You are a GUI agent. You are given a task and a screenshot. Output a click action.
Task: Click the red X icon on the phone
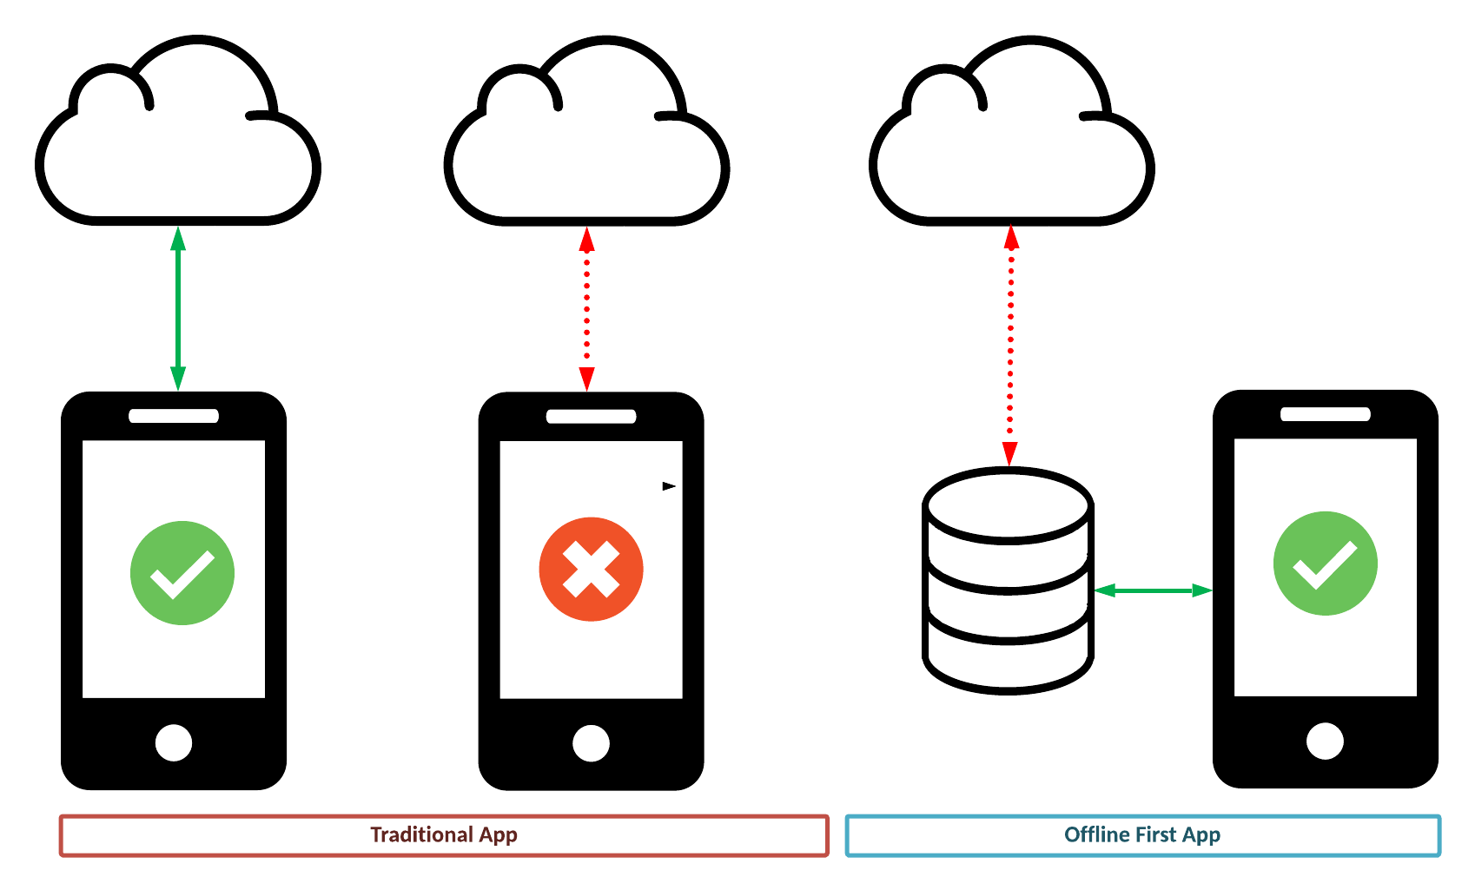pyautogui.click(x=591, y=570)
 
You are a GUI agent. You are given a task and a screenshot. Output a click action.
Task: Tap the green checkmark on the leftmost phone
pyautogui.click(x=182, y=573)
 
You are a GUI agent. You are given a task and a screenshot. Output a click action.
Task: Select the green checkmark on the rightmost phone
pyautogui.click(x=1325, y=564)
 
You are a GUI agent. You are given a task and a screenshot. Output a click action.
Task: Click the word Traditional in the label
pyautogui.click(x=421, y=834)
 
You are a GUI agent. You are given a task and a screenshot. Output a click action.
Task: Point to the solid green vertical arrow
pyautogui.click(x=178, y=308)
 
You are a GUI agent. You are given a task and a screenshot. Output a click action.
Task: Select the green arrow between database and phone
pyautogui.click(x=1152, y=590)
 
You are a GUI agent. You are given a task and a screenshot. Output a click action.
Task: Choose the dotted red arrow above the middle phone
pyautogui.click(x=586, y=308)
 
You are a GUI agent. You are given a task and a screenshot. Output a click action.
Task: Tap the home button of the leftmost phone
pyautogui.click(x=174, y=742)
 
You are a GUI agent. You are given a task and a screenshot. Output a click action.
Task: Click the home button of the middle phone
pyautogui.click(x=591, y=742)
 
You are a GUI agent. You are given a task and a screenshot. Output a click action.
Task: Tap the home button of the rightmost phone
pyautogui.click(x=1325, y=741)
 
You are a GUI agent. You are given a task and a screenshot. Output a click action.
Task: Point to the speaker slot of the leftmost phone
pyautogui.click(x=174, y=416)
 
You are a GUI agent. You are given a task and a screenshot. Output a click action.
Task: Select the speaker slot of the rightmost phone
pyautogui.click(x=1325, y=414)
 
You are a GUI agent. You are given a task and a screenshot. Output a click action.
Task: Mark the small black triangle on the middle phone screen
pyautogui.click(x=669, y=486)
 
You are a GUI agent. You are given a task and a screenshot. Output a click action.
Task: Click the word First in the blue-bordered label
pyautogui.click(x=1155, y=834)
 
